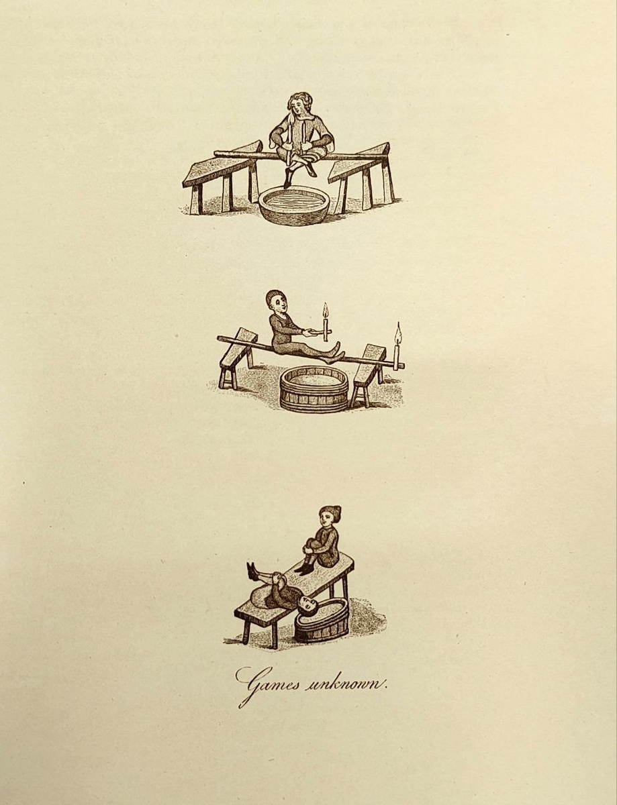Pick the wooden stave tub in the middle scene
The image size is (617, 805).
(x=314, y=388)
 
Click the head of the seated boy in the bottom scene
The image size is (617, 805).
(x=330, y=517)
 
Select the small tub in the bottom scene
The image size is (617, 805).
(x=322, y=623)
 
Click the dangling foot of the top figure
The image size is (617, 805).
(x=287, y=182)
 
